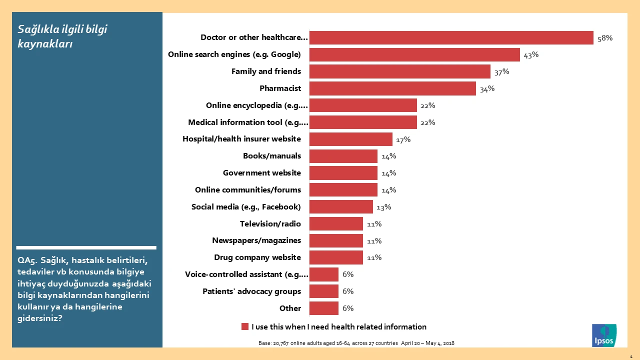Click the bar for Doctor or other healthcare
[451, 38]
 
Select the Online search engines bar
[414, 54]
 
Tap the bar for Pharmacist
[392, 88]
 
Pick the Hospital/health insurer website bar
[350, 139]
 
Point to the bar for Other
[323, 308]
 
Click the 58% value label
[604, 38]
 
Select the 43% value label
[531, 54]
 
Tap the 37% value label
[501, 71]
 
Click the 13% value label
[383, 207]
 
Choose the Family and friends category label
[266, 71]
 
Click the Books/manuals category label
[272, 156]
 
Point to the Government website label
[262, 173]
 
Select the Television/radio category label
[270, 224]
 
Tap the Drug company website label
[257, 257]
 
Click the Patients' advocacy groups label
[251, 291]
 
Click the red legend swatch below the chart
[245, 326]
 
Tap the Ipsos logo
[604, 335]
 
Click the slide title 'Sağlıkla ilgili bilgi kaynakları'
[62, 36]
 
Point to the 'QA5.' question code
[27, 260]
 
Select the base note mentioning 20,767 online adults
[356, 343]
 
